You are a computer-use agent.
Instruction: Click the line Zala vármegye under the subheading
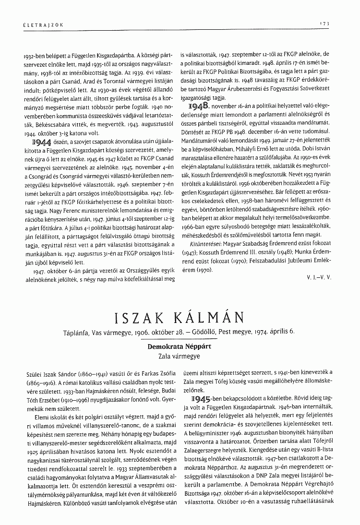180,356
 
